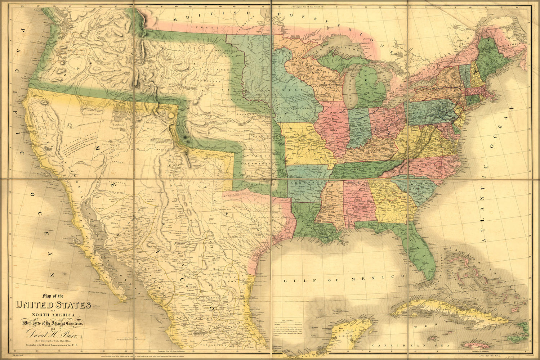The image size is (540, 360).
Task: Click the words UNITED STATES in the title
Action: click(53, 305)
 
